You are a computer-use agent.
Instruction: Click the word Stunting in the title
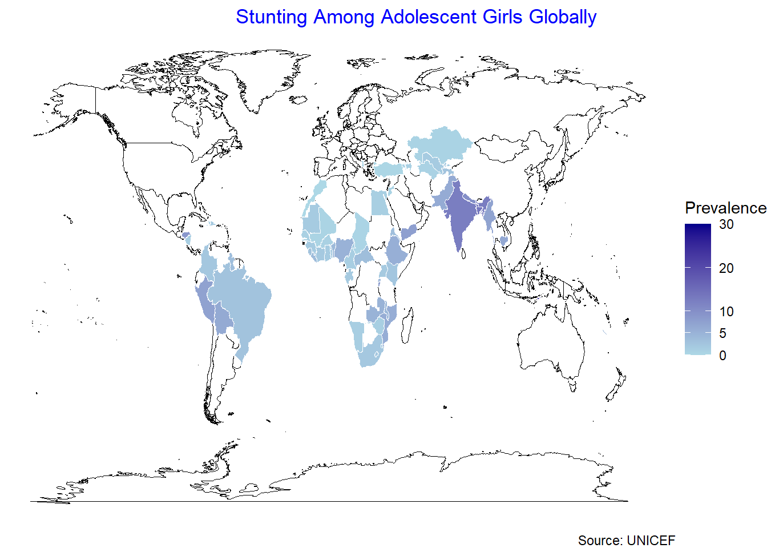[271, 17]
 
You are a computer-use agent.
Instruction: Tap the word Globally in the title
[562, 17]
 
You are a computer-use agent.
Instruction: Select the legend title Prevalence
[725, 208]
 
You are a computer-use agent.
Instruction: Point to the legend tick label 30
[726, 224]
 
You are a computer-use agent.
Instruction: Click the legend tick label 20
[726, 268]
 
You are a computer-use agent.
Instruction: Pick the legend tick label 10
[726, 312]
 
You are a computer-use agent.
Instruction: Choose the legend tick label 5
[723, 333]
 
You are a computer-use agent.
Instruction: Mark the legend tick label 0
[723, 356]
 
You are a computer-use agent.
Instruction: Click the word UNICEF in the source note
[651, 540]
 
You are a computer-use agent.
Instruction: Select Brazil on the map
[243, 303]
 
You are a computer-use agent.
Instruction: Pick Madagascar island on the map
[407, 325]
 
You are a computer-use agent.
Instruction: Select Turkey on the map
[389, 169]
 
